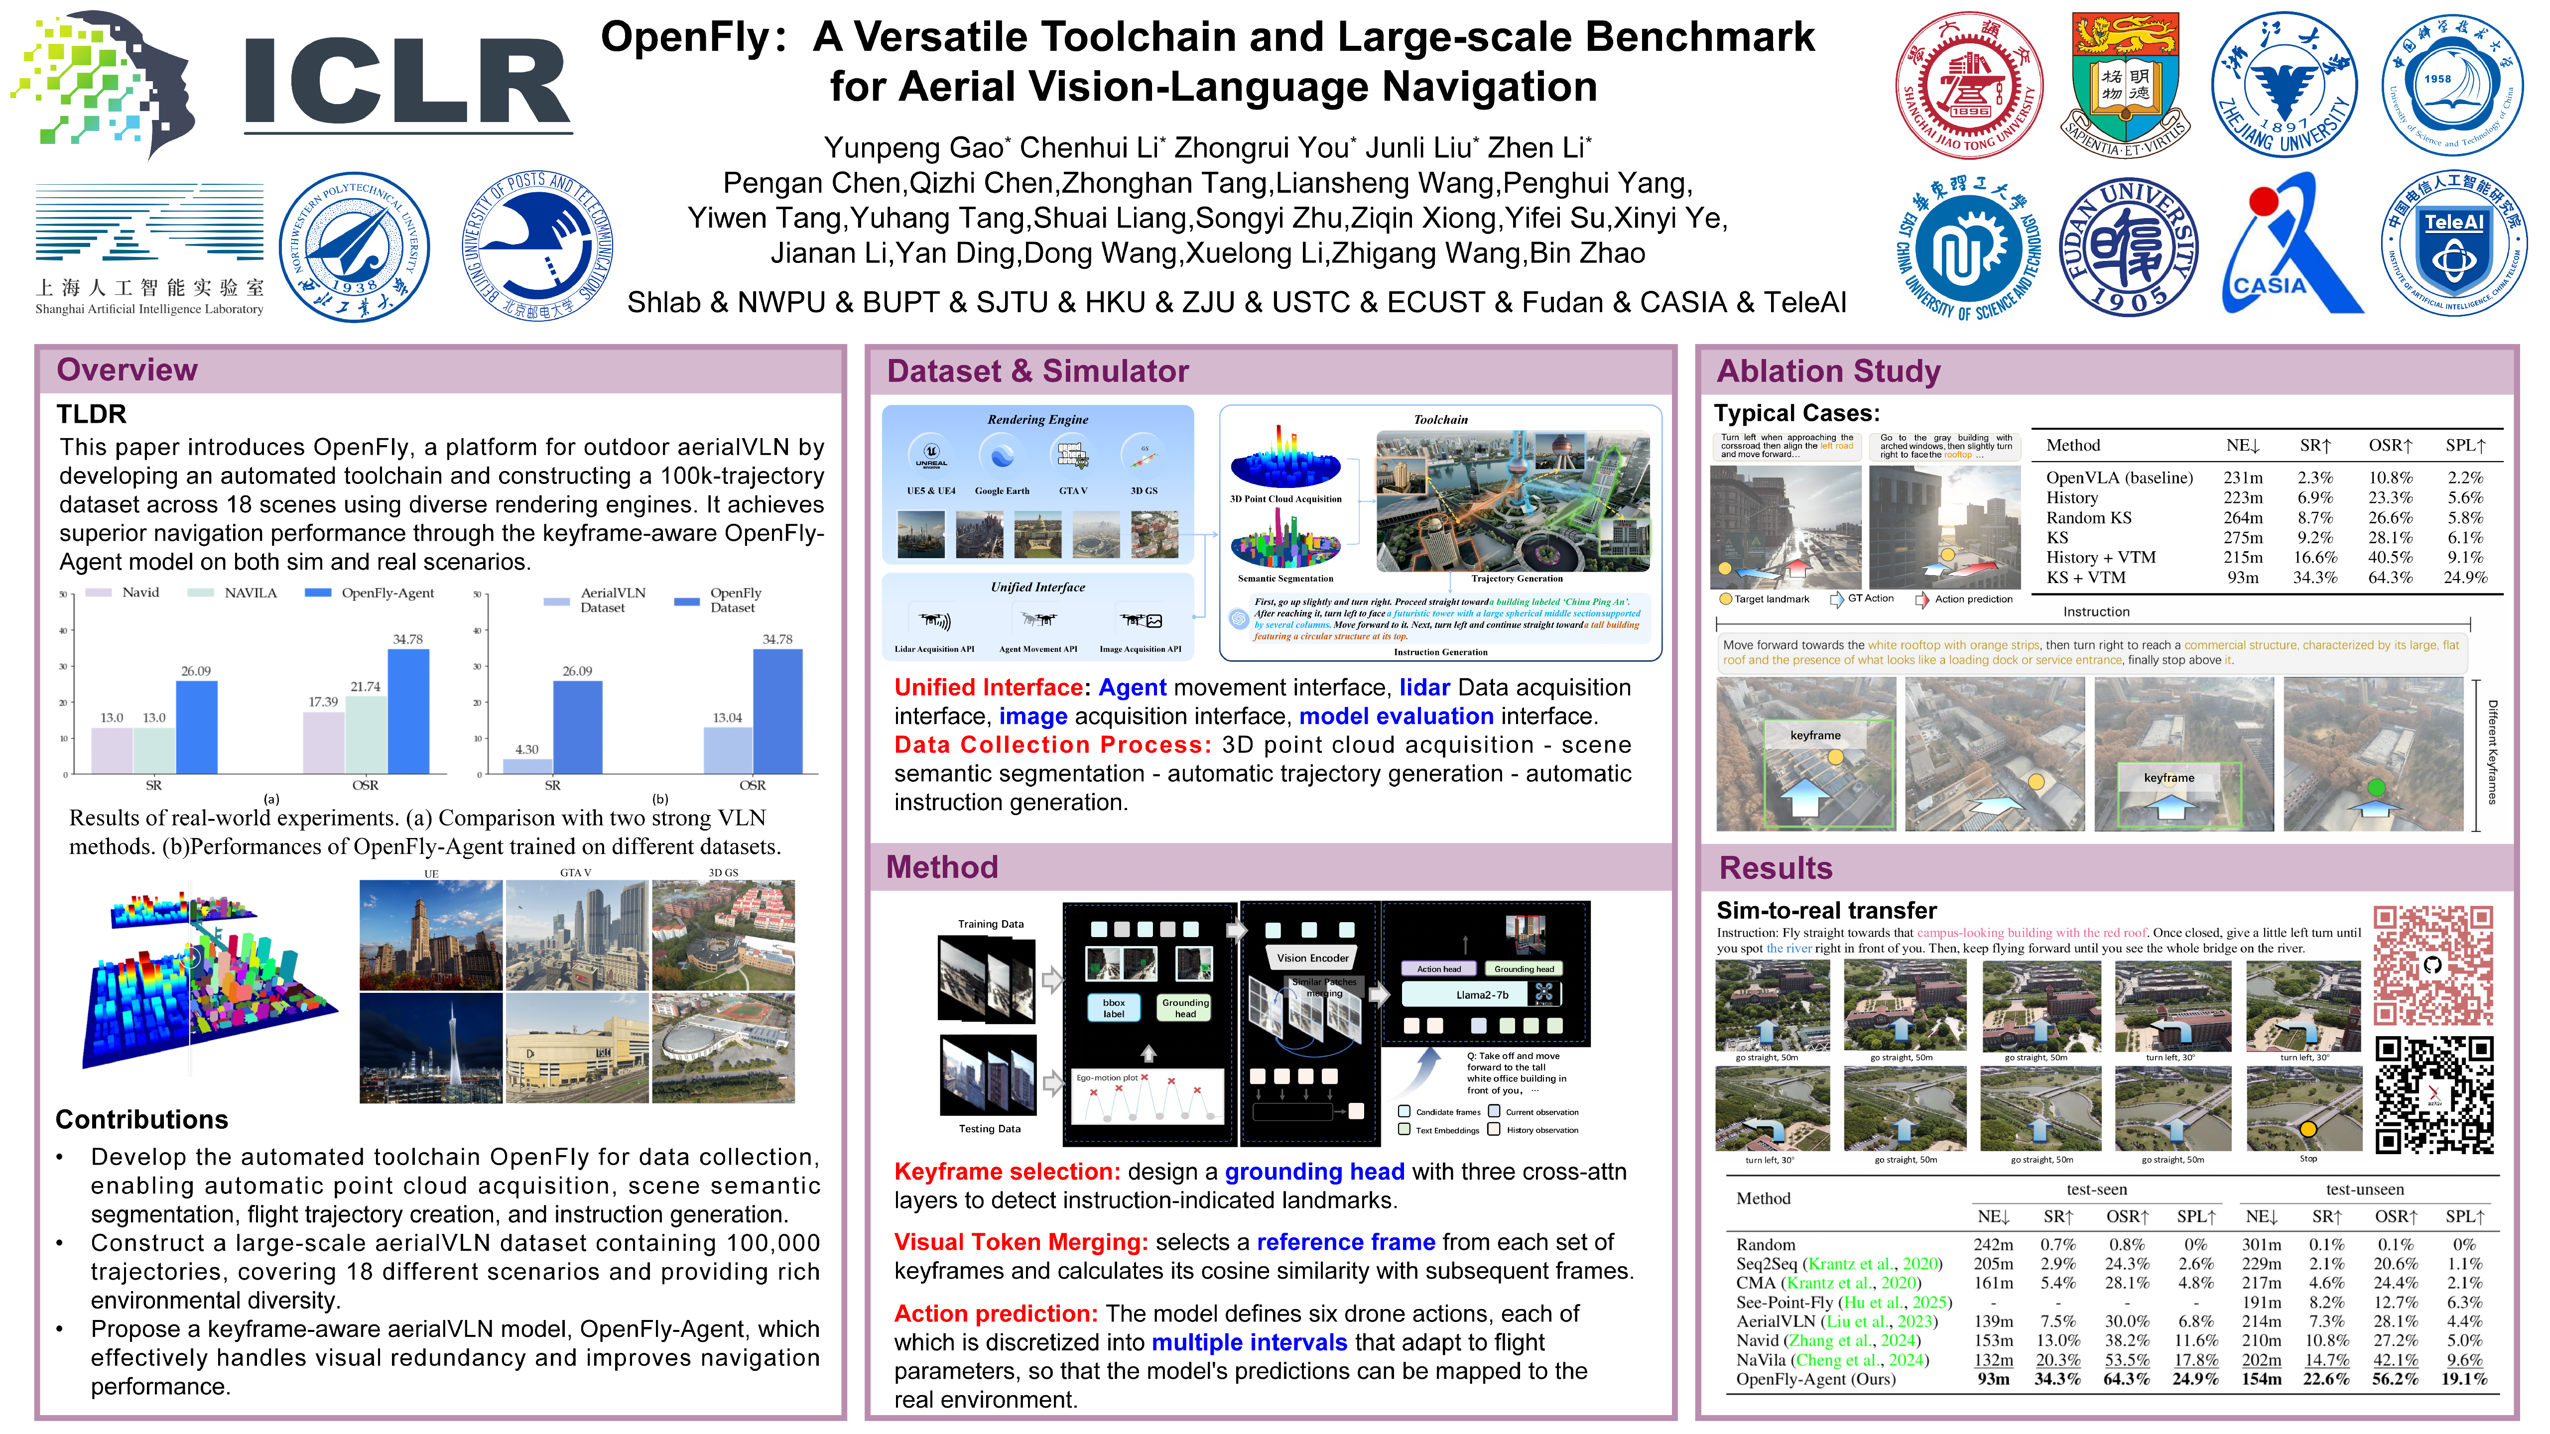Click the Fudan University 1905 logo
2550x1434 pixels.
(x=2127, y=245)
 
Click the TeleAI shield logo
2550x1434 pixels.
(x=2453, y=243)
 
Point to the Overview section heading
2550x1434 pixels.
(x=127, y=370)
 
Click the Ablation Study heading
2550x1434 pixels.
(x=1827, y=371)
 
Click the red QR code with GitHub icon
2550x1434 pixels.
(x=2432, y=965)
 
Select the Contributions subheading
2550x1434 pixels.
(x=141, y=1119)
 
